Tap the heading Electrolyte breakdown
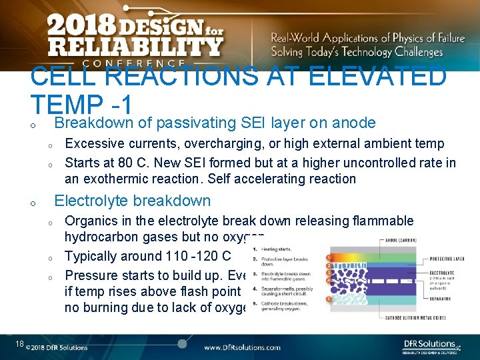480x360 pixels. pos(132,201)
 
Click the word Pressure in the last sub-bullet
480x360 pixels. pos(91,275)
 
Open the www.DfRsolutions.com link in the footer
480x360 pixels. pos(242,347)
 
